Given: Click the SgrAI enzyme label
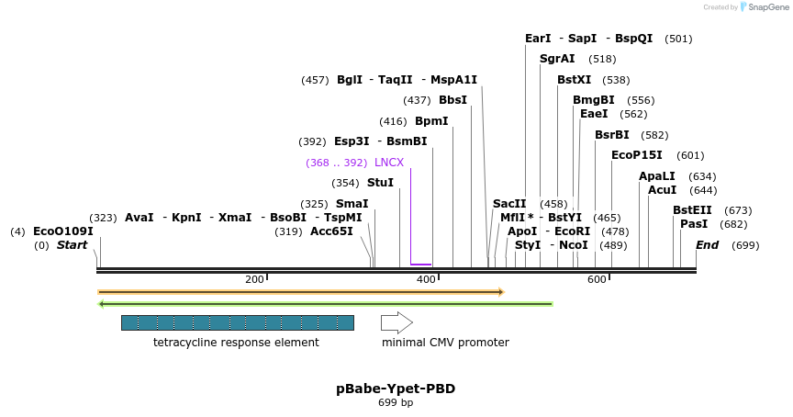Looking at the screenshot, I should tap(557, 59).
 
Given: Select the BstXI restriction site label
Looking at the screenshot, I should tap(575, 80).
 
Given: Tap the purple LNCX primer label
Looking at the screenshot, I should tap(389, 163).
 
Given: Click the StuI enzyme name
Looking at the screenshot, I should tap(380, 183).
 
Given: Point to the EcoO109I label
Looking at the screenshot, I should tap(63, 231).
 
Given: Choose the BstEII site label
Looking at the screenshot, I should tap(692, 210).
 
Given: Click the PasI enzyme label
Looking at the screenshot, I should tap(694, 224).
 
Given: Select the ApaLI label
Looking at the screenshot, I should tap(657, 176).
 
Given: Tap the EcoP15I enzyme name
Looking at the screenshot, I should tap(637, 155).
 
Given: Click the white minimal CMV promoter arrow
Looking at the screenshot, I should tap(396, 322).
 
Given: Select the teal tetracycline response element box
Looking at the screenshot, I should tap(237, 322).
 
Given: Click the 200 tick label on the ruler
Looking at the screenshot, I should tap(254, 279).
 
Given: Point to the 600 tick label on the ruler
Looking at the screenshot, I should tap(597, 279).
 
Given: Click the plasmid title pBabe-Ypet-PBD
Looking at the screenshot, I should tap(396, 389).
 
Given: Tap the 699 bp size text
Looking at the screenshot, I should tap(396, 402).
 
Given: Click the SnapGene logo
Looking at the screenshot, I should tap(764, 7).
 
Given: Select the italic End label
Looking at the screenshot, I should tap(707, 245).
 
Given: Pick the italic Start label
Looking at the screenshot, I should tap(72, 245).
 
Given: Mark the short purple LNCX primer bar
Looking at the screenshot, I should tap(421, 265).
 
